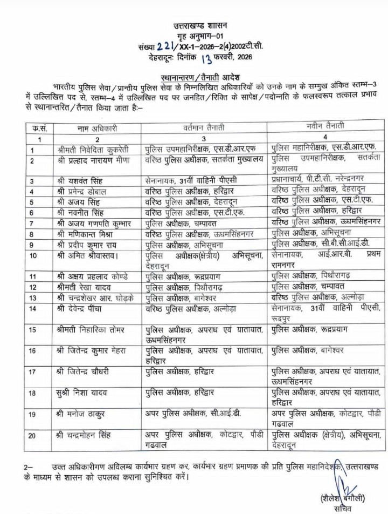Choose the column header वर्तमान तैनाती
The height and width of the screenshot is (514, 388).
tap(204, 127)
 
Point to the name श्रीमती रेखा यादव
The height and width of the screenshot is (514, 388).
tap(86, 286)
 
